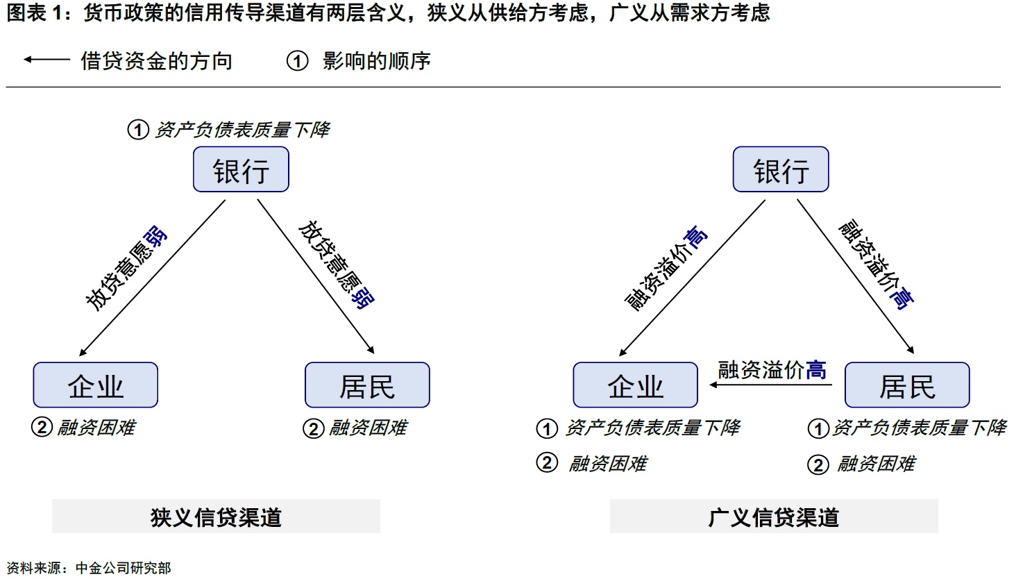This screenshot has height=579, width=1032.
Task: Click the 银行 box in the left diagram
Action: [x=241, y=169]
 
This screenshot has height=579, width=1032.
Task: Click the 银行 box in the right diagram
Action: [x=781, y=169]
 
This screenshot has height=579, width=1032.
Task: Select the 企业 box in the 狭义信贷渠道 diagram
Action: [x=96, y=385]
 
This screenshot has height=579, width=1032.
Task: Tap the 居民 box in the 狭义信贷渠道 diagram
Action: [x=367, y=385]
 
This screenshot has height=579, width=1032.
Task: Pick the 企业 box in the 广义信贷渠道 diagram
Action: [x=635, y=385]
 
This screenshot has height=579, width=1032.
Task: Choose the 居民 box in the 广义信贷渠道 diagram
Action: [x=906, y=385]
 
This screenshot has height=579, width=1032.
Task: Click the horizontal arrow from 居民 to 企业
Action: [x=763, y=384]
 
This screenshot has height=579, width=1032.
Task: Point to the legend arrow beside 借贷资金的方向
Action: [x=46, y=60]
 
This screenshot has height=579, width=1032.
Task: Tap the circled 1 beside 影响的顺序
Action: [x=297, y=61]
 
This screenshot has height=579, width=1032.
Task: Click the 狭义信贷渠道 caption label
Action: [x=216, y=517]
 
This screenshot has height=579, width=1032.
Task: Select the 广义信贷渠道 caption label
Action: [x=773, y=517]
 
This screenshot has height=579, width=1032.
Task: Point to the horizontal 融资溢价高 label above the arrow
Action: [x=772, y=369]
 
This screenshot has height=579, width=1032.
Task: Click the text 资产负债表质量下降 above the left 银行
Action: [x=242, y=130]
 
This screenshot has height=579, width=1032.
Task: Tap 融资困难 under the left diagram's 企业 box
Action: [x=96, y=427]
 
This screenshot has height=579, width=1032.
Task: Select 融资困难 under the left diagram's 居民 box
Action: [x=367, y=428]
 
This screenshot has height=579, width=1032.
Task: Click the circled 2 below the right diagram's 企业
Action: [x=547, y=462]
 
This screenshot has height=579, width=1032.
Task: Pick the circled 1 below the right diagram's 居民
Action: [x=818, y=428]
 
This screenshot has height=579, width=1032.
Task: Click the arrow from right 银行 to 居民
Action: [x=855, y=276]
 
